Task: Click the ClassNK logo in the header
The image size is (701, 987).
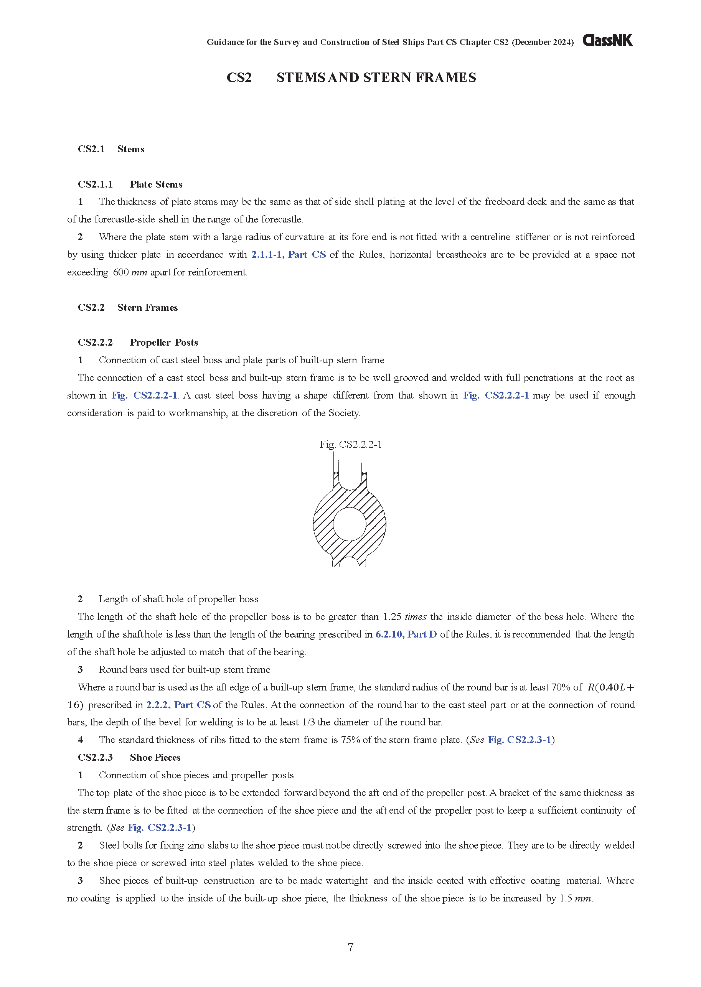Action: click(x=607, y=41)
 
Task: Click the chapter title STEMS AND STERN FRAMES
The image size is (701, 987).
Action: click(x=376, y=78)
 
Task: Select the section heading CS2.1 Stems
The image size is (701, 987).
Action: click(x=111, y=149)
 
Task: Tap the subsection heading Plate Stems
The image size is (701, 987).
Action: click(x=156, y=185)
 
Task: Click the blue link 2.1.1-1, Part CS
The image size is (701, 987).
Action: click(x=289, y=255)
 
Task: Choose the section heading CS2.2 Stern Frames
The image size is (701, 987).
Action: click(x=127, y=308)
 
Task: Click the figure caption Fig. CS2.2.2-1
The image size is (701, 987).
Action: click(x=351, y=445)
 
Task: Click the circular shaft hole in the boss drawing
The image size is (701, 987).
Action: click(x=350, y=524)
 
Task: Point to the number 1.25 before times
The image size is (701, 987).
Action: click(x=392, y=617)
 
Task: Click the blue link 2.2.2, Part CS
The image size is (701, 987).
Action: click(x=178, y=705)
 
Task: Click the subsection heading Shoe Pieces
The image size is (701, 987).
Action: click(x=155, y=758)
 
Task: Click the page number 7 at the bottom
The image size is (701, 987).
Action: click(x=351, y=947)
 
